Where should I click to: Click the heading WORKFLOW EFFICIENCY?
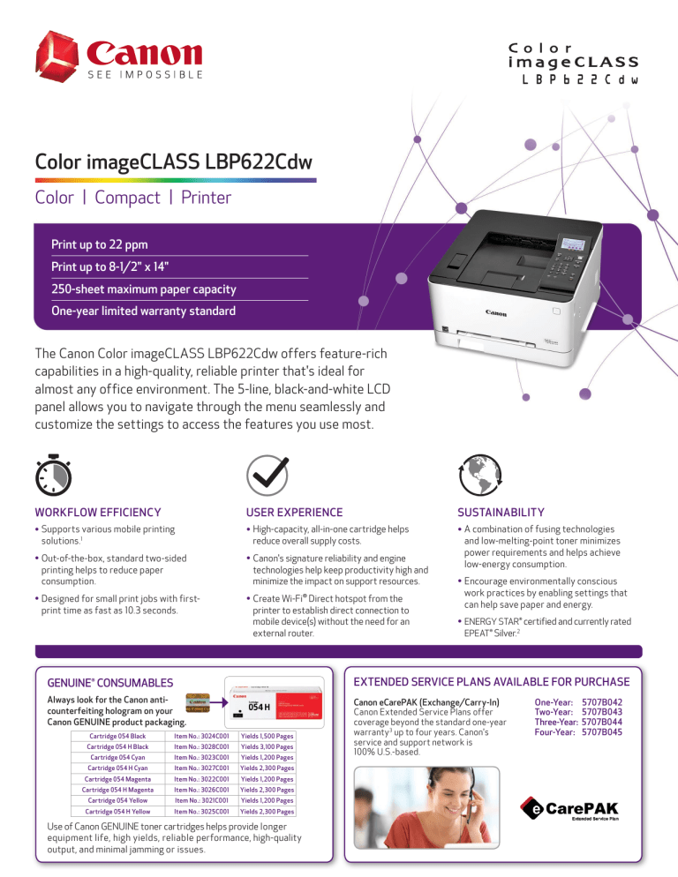click(x=98, y=512)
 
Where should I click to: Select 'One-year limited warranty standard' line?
click(x=143, y=311)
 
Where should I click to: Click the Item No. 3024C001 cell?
click(x=203, y=736)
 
